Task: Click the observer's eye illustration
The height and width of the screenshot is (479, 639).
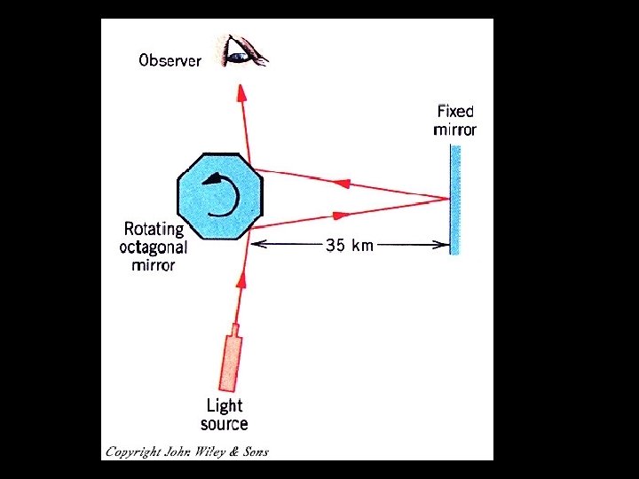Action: click(245, 51)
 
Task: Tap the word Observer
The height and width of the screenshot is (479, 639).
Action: click(170, 60)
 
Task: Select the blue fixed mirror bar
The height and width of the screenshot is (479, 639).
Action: click(454, 200)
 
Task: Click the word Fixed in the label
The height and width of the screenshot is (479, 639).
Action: click(455, 111)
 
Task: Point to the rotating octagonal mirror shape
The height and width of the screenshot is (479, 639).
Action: click(220, 196)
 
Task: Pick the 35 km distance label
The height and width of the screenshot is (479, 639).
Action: click(350, 245)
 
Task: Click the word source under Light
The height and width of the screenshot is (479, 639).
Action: click(225, 424)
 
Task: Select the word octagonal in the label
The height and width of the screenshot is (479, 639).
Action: click(154, 248)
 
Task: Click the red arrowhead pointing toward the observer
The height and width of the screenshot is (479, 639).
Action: click(241, 92)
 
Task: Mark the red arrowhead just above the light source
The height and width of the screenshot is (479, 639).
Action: click(241, 280)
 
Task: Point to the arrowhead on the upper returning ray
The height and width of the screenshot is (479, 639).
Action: click(343, 184)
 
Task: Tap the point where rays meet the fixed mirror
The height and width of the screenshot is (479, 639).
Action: click(449, 200)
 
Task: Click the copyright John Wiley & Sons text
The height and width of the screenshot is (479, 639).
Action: click(187, 452)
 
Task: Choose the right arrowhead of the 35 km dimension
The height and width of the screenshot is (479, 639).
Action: click(441, 245)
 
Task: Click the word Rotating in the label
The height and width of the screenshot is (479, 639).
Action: click(154, 230)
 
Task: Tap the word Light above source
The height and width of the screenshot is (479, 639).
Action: click(225, 406)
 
